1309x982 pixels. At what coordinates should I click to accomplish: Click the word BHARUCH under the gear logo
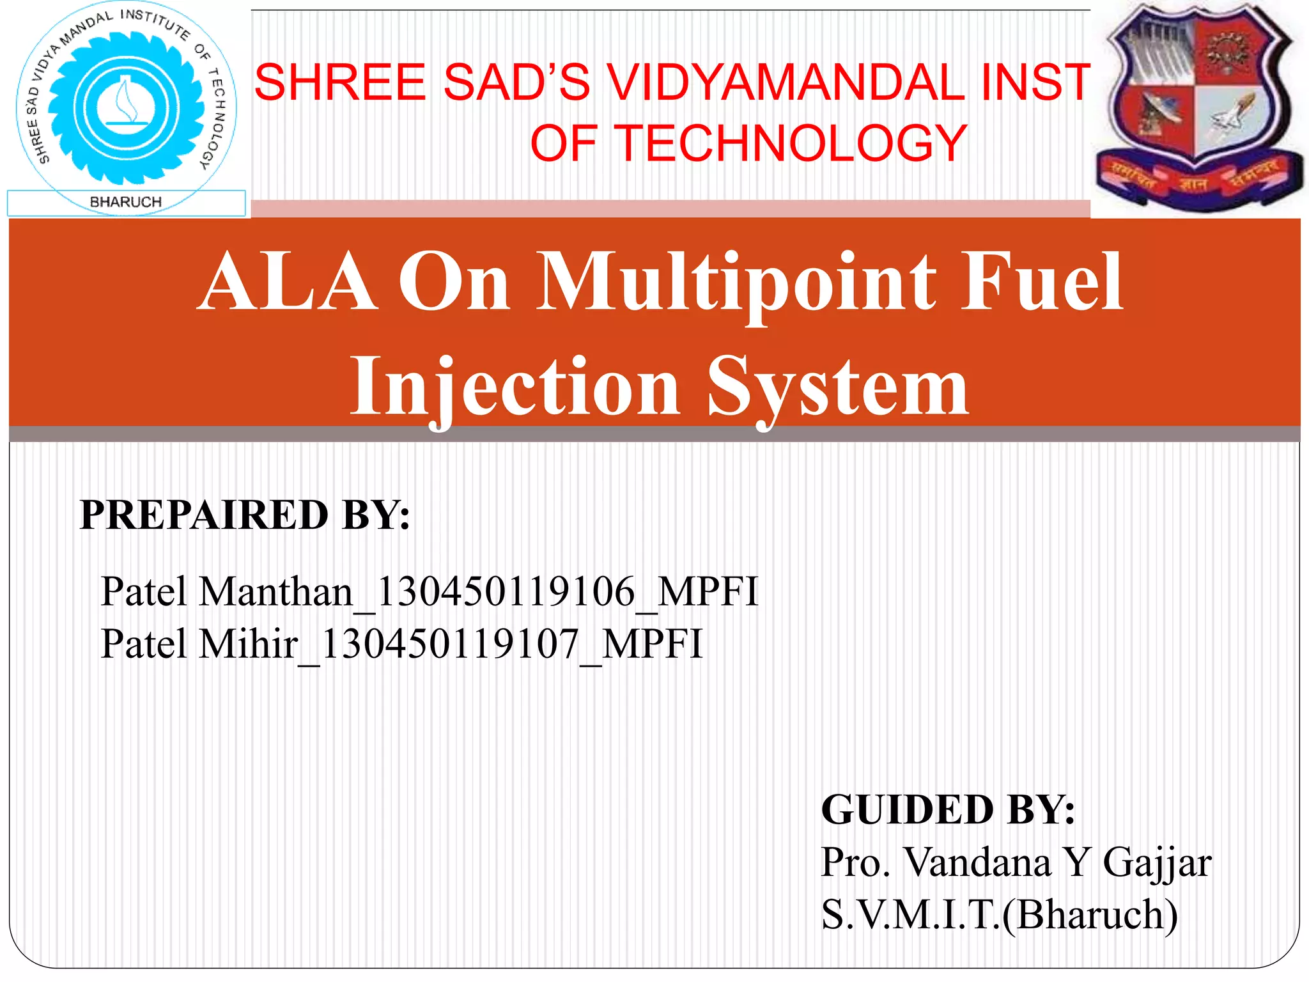point(126,202)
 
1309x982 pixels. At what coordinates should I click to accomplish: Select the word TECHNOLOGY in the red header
point(791,143)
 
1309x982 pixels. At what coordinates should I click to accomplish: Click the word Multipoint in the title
point(735,283)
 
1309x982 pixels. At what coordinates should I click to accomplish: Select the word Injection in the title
point(515,387)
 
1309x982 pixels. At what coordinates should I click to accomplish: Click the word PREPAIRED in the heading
point(204,515)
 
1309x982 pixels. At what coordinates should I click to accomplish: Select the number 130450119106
point(506,591)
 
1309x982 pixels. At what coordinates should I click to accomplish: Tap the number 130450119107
point(450,644)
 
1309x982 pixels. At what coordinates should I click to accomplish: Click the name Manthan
point(276,591)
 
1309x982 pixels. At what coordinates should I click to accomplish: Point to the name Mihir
point(249,644)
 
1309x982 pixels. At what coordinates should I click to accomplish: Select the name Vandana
point(979,863)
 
